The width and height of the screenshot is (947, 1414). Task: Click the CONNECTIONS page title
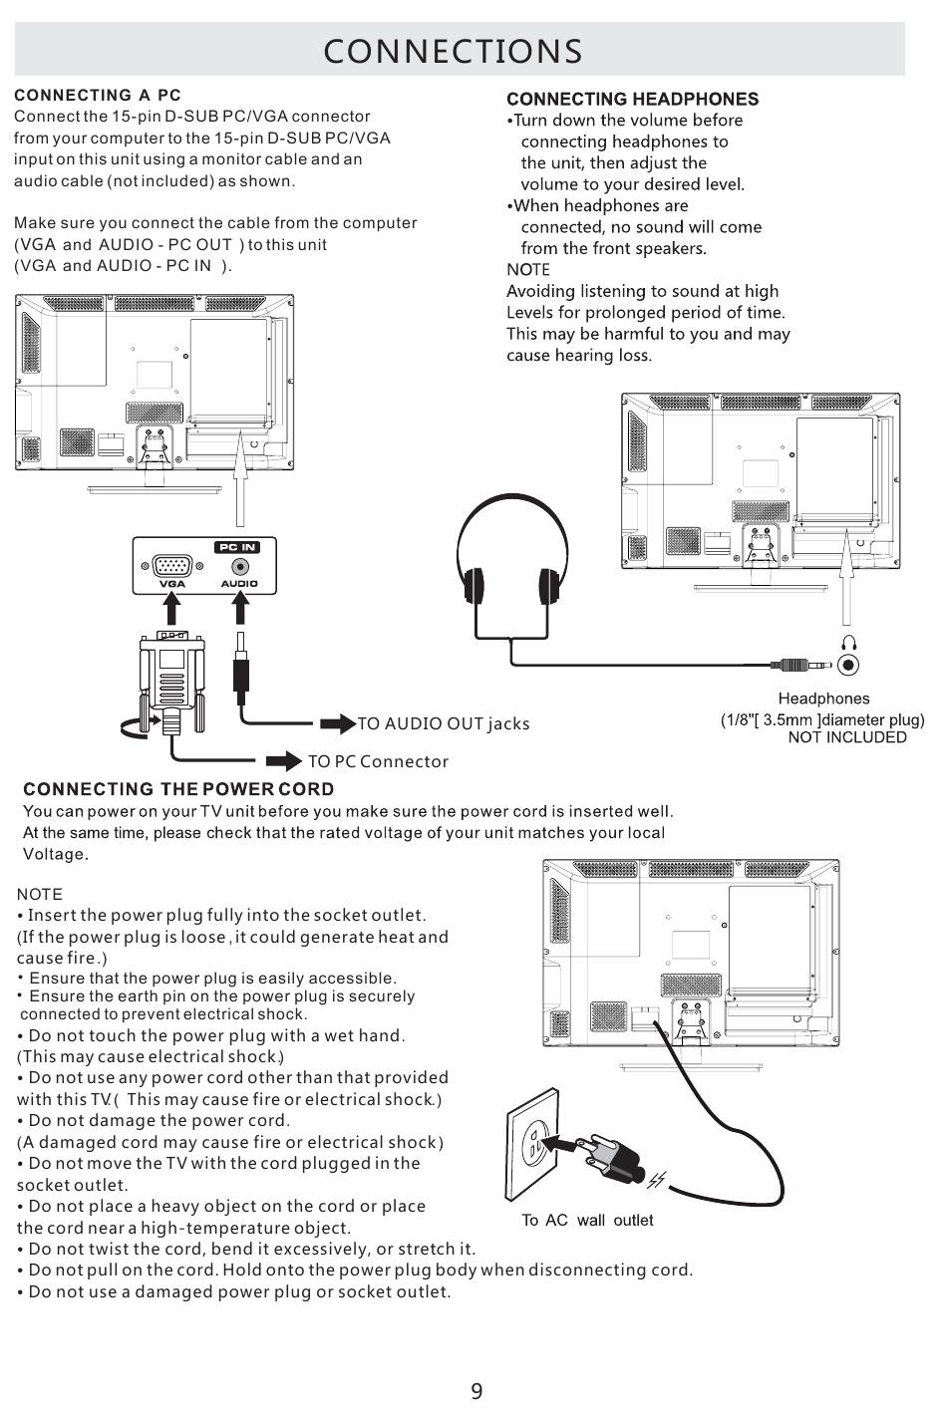453,51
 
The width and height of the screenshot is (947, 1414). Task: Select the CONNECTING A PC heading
98,96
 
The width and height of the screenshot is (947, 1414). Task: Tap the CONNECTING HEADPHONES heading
632,99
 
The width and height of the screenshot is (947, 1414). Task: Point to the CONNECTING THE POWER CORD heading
178,789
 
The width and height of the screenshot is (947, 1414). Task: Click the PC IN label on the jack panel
237,547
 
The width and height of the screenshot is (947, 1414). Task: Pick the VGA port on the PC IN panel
172,566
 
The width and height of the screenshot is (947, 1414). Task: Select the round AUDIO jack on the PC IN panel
239,568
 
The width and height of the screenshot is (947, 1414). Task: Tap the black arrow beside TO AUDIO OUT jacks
339,723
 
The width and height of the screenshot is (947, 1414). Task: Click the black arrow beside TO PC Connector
285,762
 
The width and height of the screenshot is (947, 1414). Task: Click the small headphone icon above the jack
848,643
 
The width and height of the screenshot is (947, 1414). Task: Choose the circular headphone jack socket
848,665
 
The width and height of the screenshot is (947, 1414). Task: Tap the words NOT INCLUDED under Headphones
847,737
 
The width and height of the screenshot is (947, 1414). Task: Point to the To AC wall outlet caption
587,1221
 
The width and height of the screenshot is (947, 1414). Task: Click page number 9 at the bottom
476,1392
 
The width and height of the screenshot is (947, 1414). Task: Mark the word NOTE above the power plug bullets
40,895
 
